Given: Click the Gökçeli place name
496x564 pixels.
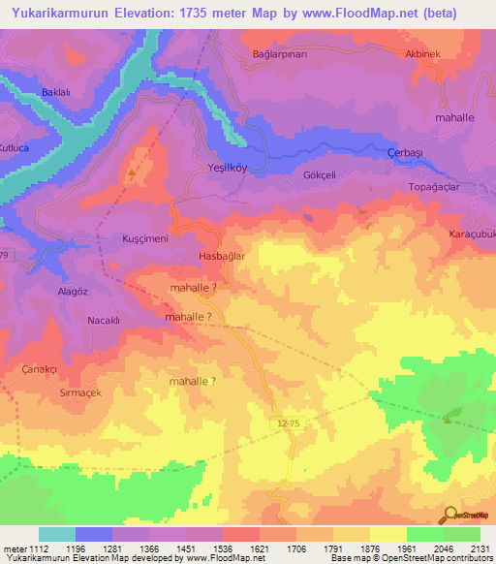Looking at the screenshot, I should tap(293, 175).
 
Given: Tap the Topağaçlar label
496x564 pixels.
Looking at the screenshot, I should tap(432, 186).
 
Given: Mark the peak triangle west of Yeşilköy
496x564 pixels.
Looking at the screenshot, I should tap(132, 173).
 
